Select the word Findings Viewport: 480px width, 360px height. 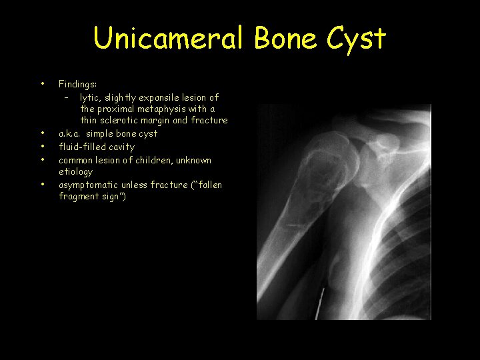click(x=77, y=84)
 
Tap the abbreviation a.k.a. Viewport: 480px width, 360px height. click(x=70, y=133)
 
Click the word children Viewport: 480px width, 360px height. click(x=148, y=160)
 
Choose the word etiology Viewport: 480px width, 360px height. click(x=75, y=172)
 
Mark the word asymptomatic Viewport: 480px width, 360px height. click(x=89, y=185)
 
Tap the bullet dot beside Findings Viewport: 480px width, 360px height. click(x=43, y=84)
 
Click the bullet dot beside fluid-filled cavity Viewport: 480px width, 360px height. click(x=43, y=147)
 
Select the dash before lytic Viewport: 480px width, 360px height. click(x=67, y=97)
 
